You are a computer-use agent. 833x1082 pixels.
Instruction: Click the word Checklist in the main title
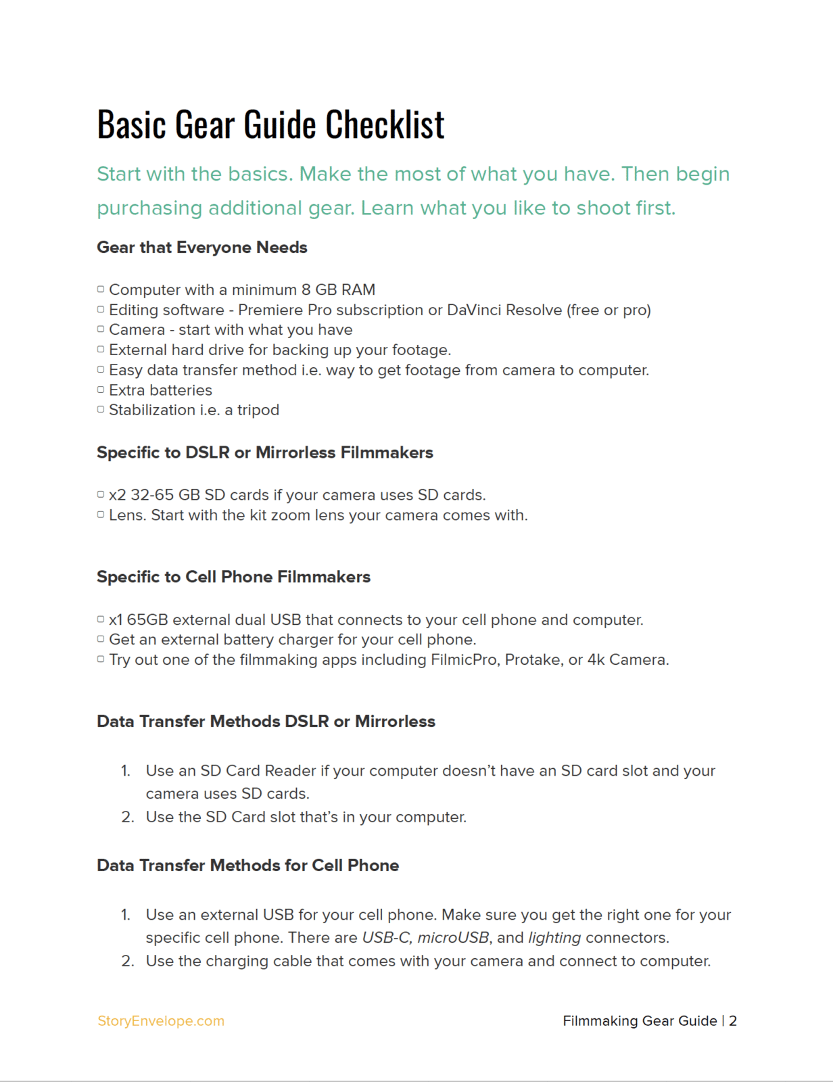pos(385,124)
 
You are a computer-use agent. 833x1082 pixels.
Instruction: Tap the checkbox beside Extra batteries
pos(101,390)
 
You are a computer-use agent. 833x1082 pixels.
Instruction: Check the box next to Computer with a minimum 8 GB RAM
pos(101,289)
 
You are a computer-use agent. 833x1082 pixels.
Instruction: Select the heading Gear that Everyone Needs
pos(201,248)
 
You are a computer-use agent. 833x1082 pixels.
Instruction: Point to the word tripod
pos(258,410)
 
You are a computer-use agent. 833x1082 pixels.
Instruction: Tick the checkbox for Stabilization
pos(101,410)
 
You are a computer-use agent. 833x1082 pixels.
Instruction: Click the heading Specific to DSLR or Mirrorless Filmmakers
pos(264,452)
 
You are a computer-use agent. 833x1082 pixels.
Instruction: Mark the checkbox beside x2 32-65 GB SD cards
pos(101,495)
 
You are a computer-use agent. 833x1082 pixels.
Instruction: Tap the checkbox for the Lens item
pos(101,515)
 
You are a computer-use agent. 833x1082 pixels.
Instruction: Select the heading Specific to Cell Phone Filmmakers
pos(233,577)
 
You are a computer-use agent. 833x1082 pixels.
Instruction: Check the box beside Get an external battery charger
pos(101,639)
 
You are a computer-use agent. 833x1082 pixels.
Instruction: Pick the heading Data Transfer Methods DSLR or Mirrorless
pos(266,722)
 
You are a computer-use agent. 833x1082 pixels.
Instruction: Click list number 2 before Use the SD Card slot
pos(128,817)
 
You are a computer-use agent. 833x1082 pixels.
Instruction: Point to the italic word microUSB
pos(453,937)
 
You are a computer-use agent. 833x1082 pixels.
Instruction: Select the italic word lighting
pos(554,937)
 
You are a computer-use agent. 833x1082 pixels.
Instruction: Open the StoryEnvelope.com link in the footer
pos(161,1021)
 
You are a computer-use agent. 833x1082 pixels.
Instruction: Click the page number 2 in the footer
pos(732,1021)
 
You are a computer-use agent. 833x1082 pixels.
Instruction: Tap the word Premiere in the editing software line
pos(270,310)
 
